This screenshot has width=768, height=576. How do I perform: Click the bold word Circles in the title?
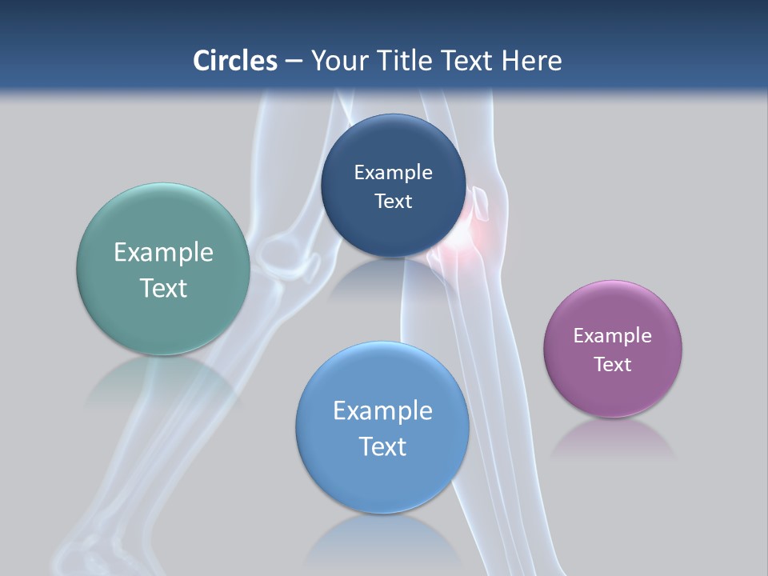234,61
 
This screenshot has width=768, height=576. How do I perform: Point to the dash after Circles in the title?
294,62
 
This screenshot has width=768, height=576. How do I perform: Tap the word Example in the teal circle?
163,252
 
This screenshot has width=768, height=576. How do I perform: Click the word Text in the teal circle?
163,288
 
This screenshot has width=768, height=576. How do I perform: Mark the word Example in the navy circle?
393,172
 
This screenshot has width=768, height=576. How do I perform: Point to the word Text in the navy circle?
393,201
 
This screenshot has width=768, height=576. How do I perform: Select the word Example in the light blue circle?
382,410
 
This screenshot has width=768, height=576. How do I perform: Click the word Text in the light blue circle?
382,446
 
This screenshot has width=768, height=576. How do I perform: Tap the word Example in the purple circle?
612,335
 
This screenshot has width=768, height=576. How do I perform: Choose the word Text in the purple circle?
612,364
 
